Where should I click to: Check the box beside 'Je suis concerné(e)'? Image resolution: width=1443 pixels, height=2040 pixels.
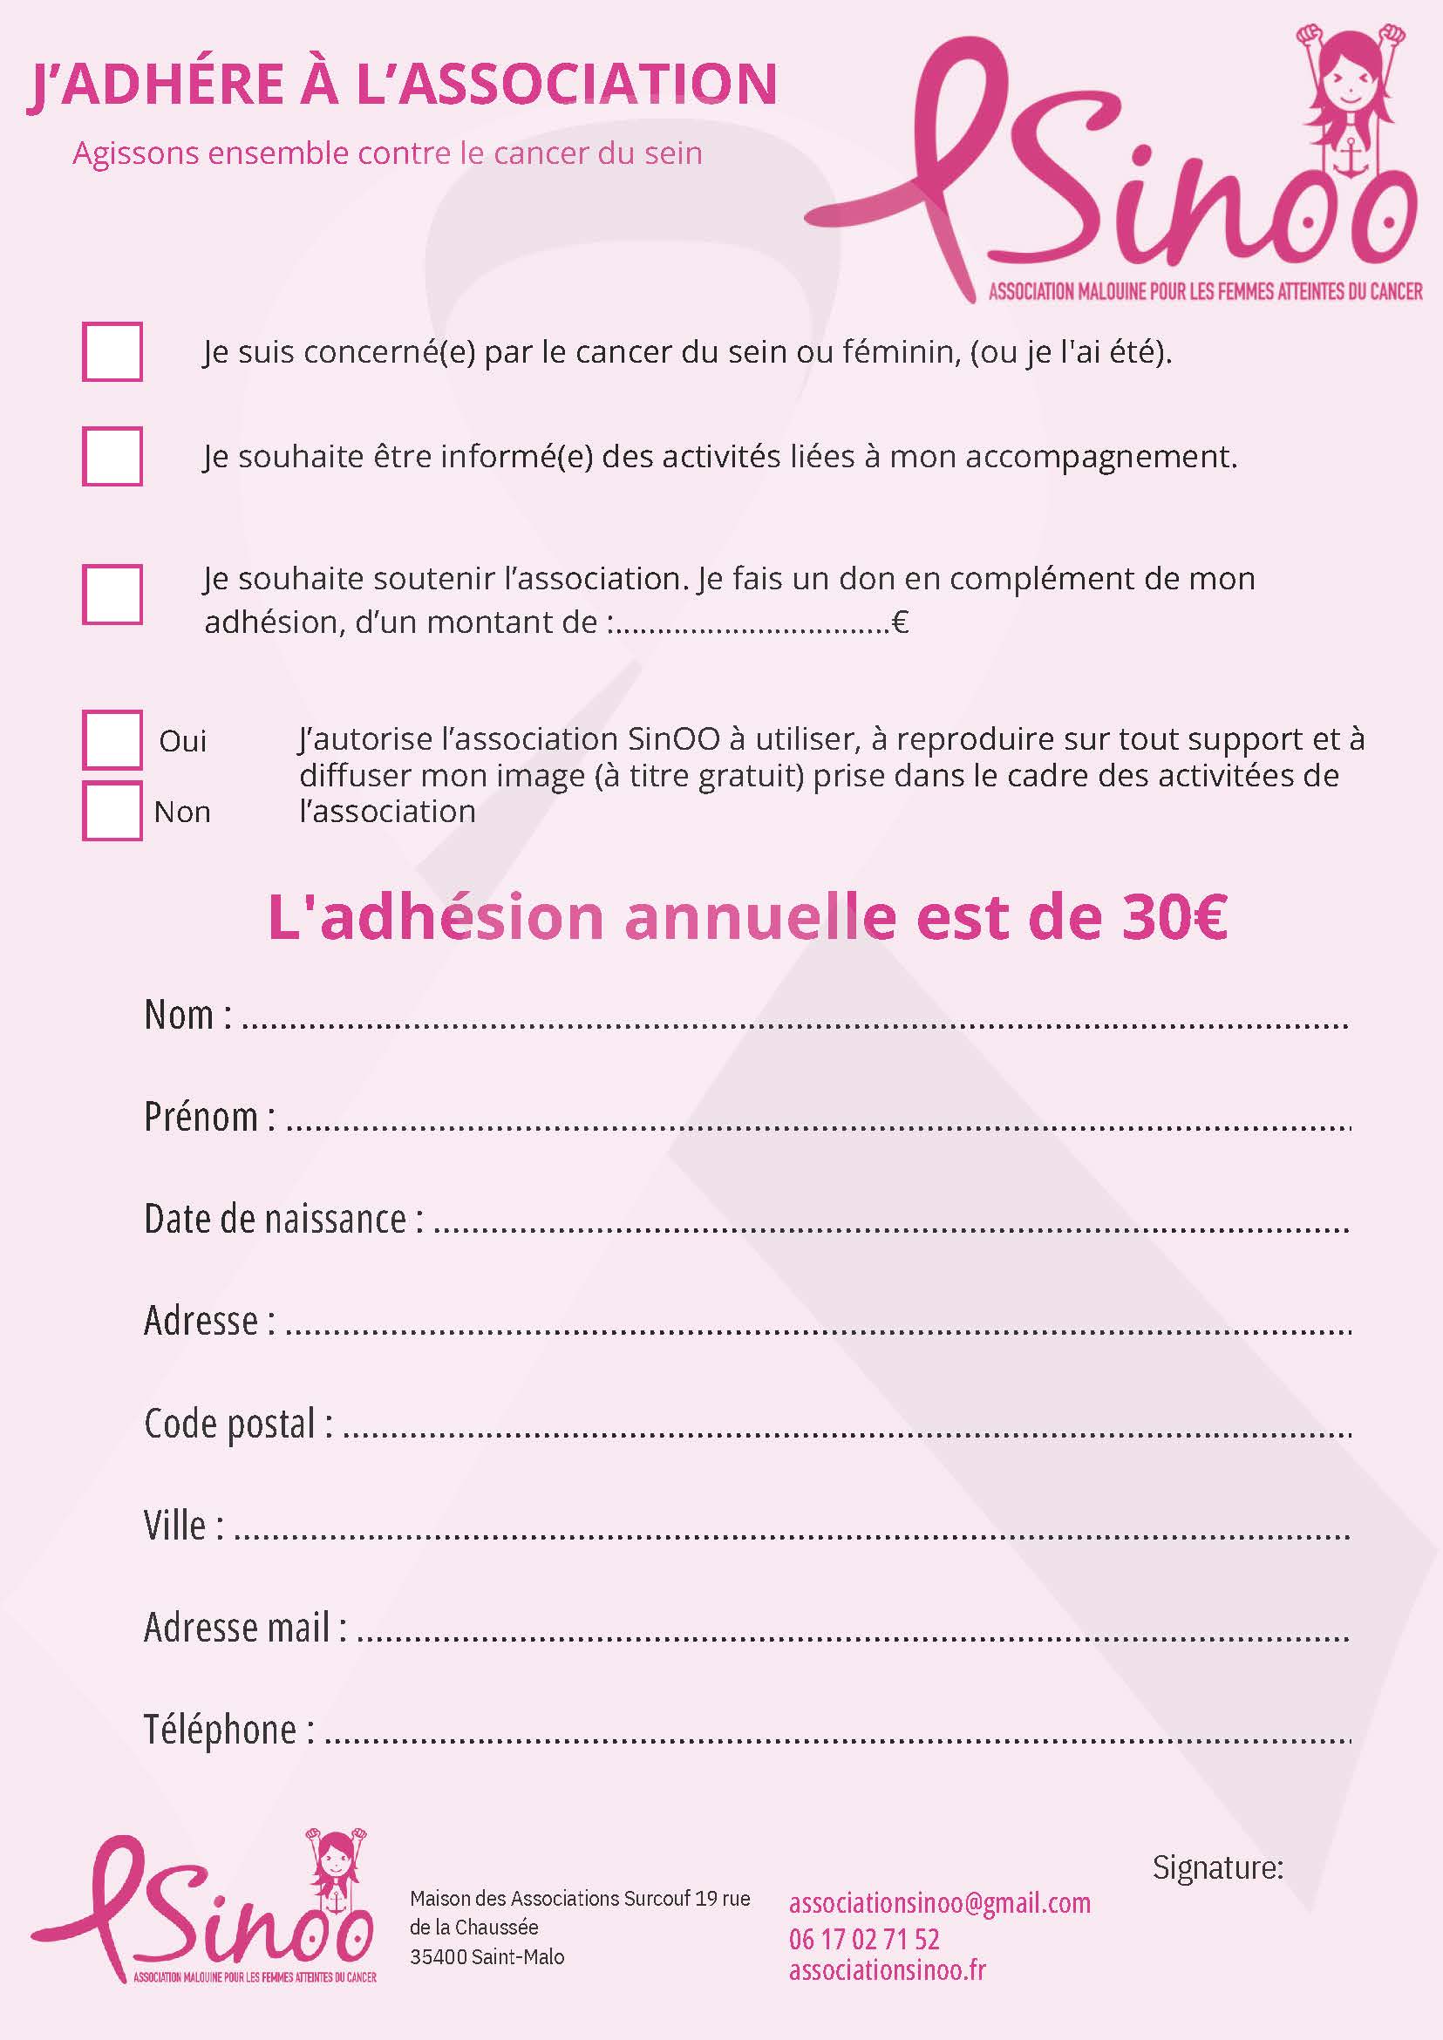click(112, 352)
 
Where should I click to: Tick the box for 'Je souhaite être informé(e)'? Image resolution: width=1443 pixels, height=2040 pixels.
click(112, 457)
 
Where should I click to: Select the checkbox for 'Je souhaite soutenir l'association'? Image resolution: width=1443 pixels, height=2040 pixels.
click(112, 595)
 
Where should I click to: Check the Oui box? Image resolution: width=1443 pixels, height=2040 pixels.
click(112, 739)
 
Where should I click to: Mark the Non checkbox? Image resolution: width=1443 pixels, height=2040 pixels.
click(112, 810)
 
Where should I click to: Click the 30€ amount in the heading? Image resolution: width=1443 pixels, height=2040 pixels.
click(1174, 918)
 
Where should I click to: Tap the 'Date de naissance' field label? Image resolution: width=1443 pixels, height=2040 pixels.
click(283, 1219)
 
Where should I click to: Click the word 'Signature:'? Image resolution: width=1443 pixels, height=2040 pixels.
click(1217, 1868)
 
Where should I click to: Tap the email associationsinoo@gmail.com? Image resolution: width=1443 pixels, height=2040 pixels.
click(939, 1903)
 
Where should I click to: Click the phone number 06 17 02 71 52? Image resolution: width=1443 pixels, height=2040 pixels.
click(864, 1939)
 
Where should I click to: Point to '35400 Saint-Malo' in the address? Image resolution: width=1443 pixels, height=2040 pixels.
click(487, 1956)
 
